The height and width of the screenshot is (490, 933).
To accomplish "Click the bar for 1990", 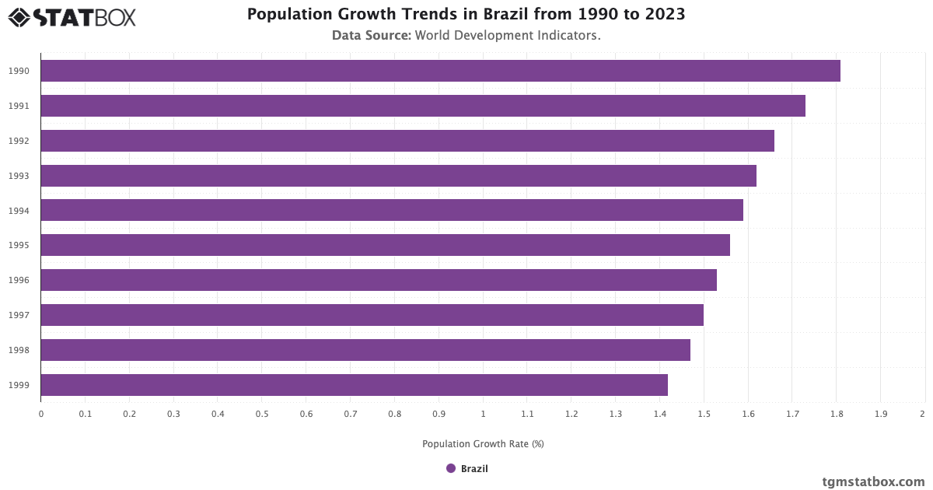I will pos(440,71).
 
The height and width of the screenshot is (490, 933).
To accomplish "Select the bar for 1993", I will pos(398,176).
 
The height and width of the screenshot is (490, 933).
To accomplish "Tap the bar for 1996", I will pos(379,280).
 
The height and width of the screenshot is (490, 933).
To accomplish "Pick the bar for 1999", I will pos(354,385).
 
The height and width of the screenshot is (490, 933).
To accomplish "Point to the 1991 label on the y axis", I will pos(19,106).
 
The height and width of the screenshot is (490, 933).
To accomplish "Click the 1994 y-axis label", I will pos(19,211).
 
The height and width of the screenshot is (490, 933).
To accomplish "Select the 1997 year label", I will pos(19,315).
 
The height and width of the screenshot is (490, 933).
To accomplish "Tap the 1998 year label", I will pos(19,350).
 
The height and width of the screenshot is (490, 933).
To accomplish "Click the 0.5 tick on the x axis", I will pos(262,414).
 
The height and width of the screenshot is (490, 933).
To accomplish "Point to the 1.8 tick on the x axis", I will pos(836,414).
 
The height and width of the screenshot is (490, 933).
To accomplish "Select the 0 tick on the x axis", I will pos(41,414).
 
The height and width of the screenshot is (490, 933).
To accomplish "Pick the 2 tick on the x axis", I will pos(922,414).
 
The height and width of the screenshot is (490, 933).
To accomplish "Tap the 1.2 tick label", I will pos(571,414).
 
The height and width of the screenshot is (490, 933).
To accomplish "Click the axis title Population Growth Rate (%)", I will pos(483,444).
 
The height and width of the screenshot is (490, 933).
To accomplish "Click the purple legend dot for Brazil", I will pos(451,468).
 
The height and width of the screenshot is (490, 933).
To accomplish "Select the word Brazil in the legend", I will pos(474,468).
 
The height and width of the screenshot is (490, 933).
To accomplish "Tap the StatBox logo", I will pos(72,16).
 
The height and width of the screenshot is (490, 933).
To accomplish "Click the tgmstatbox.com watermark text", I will pos(873,482).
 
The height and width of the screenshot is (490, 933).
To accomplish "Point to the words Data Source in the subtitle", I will pos(371,35).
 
